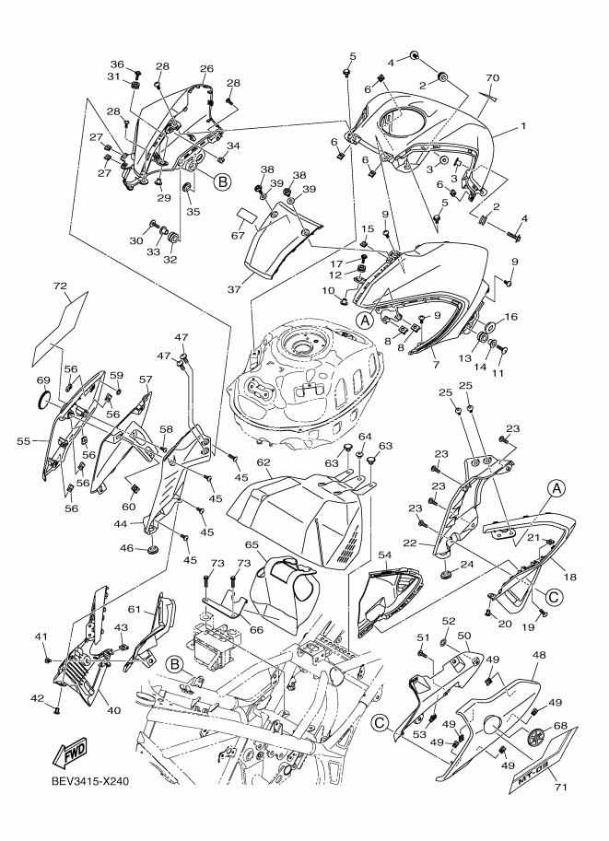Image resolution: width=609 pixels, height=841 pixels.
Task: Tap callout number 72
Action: click(60, 286)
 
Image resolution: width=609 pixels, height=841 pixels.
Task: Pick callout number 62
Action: click(263, 461)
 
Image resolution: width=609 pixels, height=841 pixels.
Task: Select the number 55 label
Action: click(23, 441)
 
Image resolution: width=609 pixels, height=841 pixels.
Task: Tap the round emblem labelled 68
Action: click(536, 736)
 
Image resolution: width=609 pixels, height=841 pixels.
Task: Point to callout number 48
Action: click(538, 655)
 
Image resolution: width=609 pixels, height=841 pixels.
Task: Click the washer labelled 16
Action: click(489, 327)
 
